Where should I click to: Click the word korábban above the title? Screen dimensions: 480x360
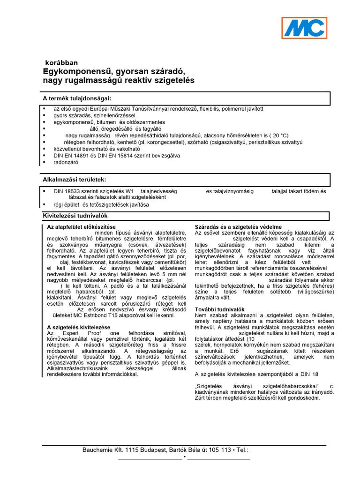[x=61, y=62]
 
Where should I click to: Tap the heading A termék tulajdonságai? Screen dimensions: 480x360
[x=77, y=98]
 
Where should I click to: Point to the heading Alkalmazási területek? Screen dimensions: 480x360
[x=75, y=180]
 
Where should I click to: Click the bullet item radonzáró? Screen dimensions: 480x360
[x=66, y=162]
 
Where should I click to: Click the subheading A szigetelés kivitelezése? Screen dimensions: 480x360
[x=79, y=327]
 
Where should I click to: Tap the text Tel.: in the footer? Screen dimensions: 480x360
[x=241, y=450]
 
